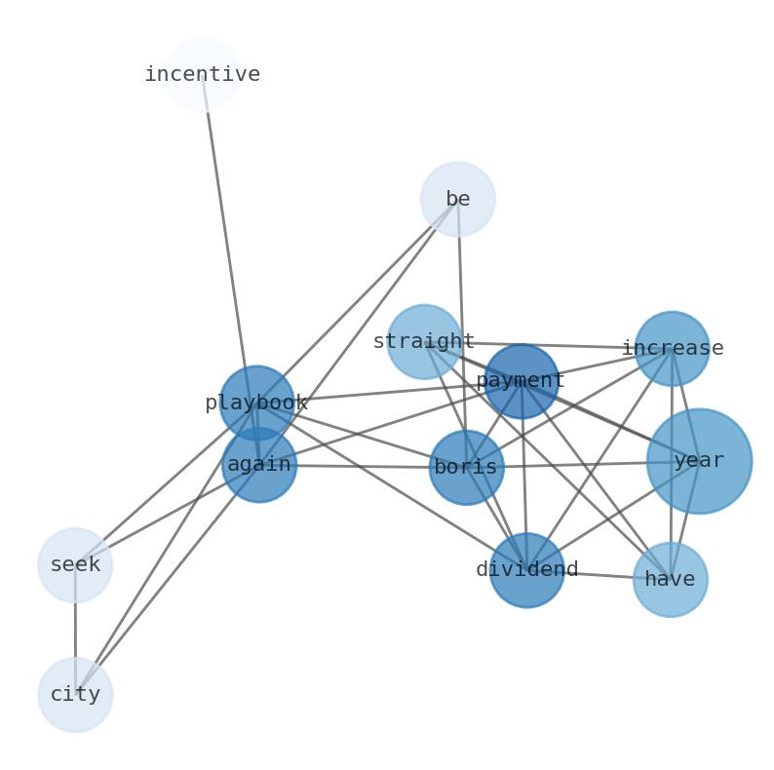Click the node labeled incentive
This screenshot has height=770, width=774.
(202, 75)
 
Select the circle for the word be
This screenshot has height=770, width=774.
(457, 199)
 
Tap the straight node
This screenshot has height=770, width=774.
(424, 342)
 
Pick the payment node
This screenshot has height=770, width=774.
(522, 381)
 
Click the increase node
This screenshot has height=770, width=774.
(672, 348)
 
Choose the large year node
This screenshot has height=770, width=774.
(699, 461)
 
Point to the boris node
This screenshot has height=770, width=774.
(466, 468)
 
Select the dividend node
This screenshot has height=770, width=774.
(526, 570)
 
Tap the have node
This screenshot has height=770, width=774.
(670, 580)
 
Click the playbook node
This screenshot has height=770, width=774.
(256, 403)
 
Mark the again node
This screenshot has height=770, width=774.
(259, 465)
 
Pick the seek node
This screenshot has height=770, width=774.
(75, 565)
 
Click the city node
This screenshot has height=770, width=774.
(75, 695)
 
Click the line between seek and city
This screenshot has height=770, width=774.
(75, 630)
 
